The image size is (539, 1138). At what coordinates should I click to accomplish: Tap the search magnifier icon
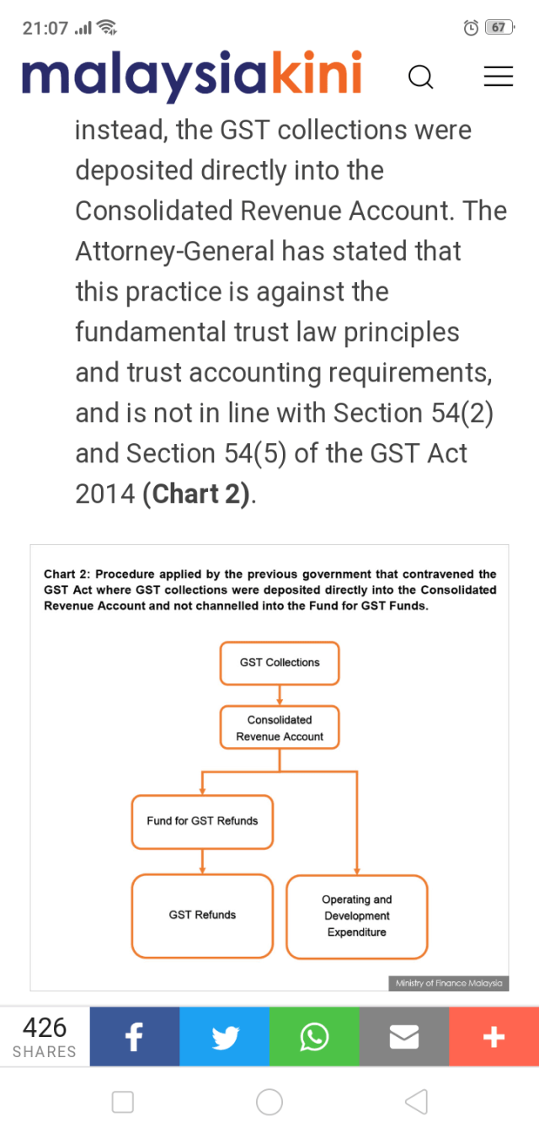[420, 77]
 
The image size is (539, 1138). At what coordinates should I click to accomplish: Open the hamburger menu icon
[498, 77]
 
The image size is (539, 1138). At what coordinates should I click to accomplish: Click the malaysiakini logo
[192, 75]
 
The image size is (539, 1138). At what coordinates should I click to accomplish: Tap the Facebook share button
[135, 1037]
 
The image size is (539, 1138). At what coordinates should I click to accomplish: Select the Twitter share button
[224, 1037]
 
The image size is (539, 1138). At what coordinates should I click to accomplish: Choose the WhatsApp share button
[314, 1037]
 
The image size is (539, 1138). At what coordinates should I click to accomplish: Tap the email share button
[404, 1037]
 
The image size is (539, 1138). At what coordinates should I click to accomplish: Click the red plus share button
[494, 1037]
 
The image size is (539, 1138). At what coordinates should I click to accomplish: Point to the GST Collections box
[280, 663]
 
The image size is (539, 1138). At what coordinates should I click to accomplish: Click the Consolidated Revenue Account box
[280, 728]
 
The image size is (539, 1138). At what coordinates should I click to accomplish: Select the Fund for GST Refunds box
[202, 821]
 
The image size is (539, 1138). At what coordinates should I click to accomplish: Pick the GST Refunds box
[202, 915]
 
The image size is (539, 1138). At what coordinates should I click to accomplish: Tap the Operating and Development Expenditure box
[357, 916]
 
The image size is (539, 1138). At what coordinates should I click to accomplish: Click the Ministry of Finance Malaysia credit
[449, 983]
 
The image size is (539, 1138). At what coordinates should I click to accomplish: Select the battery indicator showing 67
[499, 28]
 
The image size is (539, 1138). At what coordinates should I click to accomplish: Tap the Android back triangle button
[416, 1101]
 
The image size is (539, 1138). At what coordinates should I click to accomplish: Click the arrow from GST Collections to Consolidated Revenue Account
[280, 695]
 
